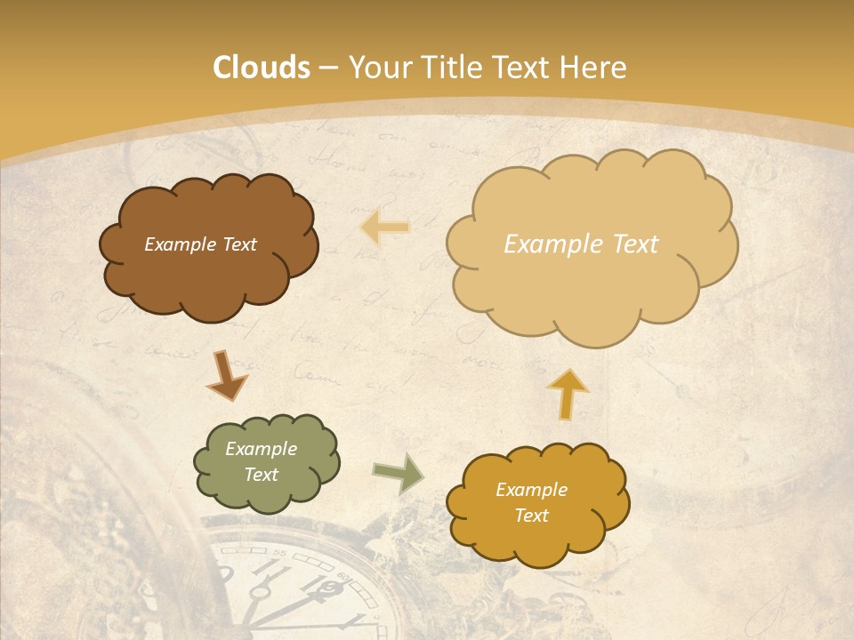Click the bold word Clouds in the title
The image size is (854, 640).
point(262,68)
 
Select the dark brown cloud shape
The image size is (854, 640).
point(209,284)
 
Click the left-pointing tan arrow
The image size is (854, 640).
point(385,228)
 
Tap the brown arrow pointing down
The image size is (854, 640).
point(226,374)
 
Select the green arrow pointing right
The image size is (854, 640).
point(398,474)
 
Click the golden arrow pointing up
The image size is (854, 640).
point(568,393)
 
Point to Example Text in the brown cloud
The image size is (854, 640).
point(200,244)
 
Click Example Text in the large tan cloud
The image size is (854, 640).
point(581,244)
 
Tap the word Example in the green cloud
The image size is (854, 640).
point(261,449)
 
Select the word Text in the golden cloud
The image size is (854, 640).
point(531,516)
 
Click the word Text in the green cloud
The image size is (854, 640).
point(261,475)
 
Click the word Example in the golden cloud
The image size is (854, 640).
point(531,490)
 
